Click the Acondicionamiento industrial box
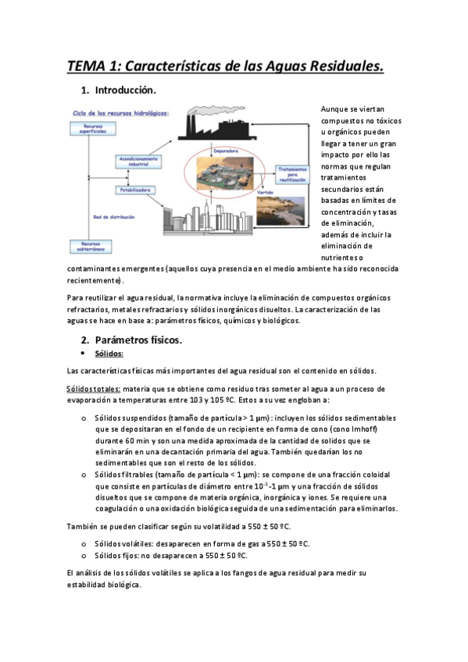(140, 161)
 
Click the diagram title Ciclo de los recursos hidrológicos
(120, 112)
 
